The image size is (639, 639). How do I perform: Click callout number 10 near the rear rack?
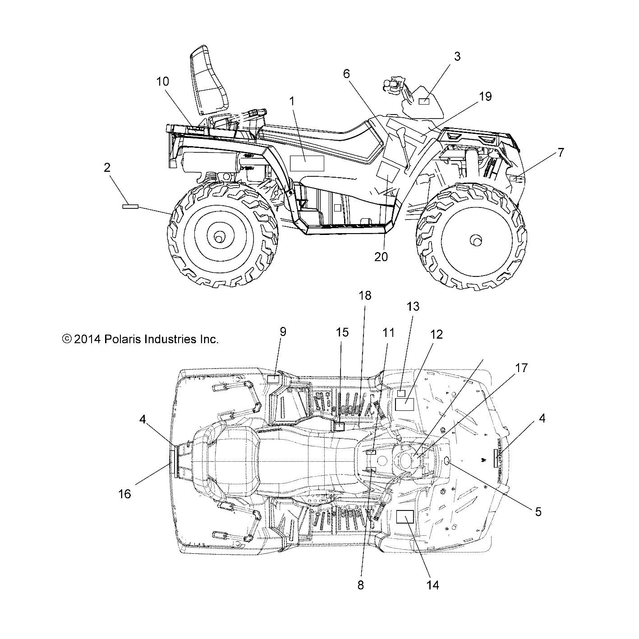(x=162, y=82)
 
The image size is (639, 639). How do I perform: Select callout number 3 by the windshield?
(x=457, y=56)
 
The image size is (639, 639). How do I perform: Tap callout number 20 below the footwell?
(x=381, y=257)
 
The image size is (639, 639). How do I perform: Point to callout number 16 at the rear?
(x=124, y=494)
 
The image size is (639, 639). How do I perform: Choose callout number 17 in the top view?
(x=521, y=368)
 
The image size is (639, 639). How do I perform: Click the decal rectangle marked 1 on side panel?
(x=307, y=163)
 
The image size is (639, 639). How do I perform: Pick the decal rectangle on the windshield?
(x=424, y=101)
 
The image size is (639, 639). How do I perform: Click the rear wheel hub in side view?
(x=220, y=237)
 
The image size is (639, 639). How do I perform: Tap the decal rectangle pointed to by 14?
(x=405, y=517)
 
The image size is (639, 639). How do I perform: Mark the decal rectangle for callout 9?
(x=274, y=378)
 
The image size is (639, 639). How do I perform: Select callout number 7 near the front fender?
(x=560, y=153)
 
